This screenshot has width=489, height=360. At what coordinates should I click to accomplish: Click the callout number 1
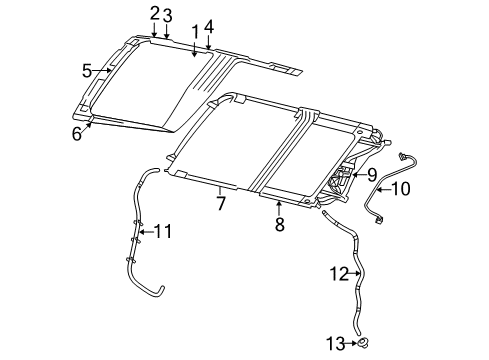(x=196, y=32)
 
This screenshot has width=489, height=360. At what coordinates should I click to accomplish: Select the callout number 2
(x=155, y=13)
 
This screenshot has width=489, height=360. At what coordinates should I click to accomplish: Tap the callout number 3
(x=168, y=15)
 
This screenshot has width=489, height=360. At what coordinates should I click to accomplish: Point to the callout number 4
(x=208, y=26)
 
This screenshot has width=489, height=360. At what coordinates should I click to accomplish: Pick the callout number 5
(x=87, y=70)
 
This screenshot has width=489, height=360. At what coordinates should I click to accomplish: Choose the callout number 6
(x=76, y=134)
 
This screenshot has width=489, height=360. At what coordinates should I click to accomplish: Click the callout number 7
(x=221, y=203)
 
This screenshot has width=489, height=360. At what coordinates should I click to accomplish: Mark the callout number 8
(x=279, y=225)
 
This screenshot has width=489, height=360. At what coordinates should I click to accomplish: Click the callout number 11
(x=162, y=232)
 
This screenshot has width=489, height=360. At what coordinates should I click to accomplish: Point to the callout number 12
(x=340, y=271)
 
